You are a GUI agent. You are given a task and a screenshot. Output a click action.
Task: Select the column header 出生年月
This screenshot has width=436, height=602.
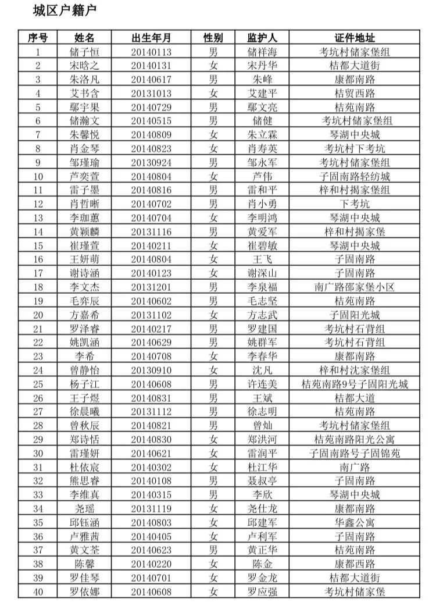(x=151, y=38)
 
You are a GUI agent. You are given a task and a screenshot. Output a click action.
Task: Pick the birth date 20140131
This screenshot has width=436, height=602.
(x=151, y=66)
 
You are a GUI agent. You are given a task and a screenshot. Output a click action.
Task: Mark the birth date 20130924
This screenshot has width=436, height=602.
(x=151, y=163)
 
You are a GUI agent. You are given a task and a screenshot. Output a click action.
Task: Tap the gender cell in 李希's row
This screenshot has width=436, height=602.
(x=213, y=357)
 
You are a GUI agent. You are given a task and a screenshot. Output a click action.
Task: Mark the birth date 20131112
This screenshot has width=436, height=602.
(x=151, y=412)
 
